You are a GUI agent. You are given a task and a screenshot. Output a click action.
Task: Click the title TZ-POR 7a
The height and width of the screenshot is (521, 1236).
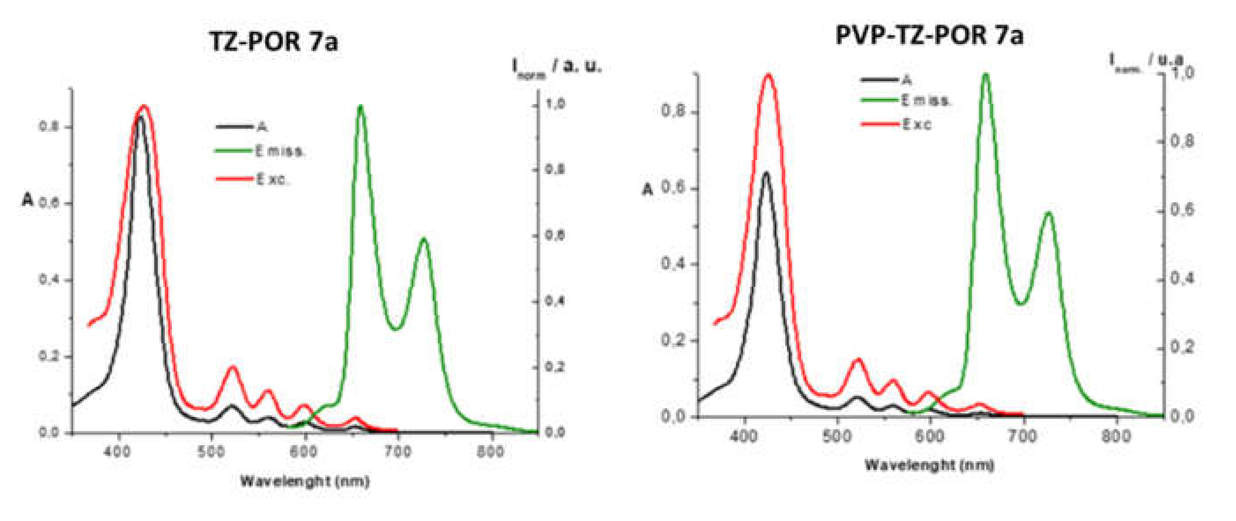pyautogui.click(x=273, y=41)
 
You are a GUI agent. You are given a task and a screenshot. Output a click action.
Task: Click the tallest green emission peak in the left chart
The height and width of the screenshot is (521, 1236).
pyautogui.click(x=360, y=107)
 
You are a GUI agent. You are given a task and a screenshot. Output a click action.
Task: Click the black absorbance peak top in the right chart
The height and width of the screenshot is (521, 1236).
pyautogui.click(x=766, y=173)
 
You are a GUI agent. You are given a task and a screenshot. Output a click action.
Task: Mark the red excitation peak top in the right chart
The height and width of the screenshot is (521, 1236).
pyautogui.click(x=768, y=75)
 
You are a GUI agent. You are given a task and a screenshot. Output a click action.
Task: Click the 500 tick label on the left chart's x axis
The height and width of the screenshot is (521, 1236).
pyautogui.click(x=211, y=452)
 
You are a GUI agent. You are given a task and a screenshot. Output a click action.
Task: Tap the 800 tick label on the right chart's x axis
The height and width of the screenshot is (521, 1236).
pyautogui.click(x=1116, y=436)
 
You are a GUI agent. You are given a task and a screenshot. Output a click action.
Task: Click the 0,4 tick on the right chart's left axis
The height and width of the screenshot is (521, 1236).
pyautogui.click(x=673, y=264)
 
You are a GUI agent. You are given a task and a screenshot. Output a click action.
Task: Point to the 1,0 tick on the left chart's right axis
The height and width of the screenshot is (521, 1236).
pyautogui.click(x=555, y=104)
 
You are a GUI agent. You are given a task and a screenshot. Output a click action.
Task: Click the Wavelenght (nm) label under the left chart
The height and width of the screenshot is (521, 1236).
pyautogui.click(x=304, y=481)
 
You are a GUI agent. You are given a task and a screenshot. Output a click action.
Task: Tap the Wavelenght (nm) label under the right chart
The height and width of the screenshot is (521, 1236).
pyautogui.click(x=929, y=465)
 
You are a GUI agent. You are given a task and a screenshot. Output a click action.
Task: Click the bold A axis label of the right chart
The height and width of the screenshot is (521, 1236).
pyautogui.click(x=648, y=190)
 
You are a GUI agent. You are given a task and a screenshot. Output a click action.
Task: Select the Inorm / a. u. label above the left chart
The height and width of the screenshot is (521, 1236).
pyautogui.click(x=557, y=67)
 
